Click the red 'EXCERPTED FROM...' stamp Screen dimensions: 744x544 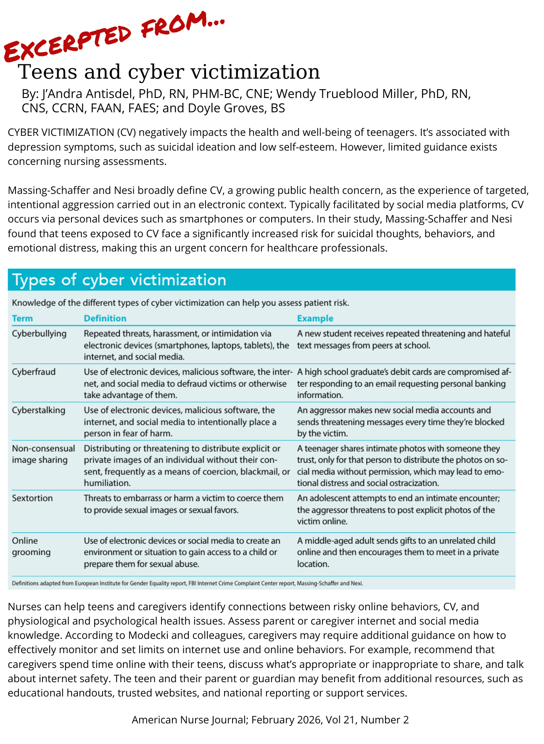114,36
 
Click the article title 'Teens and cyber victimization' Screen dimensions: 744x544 169,72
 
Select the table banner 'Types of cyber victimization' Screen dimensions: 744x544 119,280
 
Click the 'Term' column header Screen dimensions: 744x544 22,318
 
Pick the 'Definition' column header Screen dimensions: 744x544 105,318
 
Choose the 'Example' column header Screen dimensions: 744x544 315,318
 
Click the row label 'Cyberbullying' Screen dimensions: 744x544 39,334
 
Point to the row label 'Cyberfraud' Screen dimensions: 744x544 34,372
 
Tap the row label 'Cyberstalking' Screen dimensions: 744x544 39,410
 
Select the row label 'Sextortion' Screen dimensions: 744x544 32,498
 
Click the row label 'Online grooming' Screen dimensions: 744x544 31,546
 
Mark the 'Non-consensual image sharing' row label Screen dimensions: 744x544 43,454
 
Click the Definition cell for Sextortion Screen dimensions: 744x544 184,504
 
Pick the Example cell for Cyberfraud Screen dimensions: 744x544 404,384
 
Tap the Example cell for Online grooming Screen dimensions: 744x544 398,552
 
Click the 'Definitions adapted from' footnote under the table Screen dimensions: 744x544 187,583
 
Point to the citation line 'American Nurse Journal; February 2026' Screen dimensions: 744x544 270,720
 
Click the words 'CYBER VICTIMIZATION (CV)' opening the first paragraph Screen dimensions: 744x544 71,132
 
